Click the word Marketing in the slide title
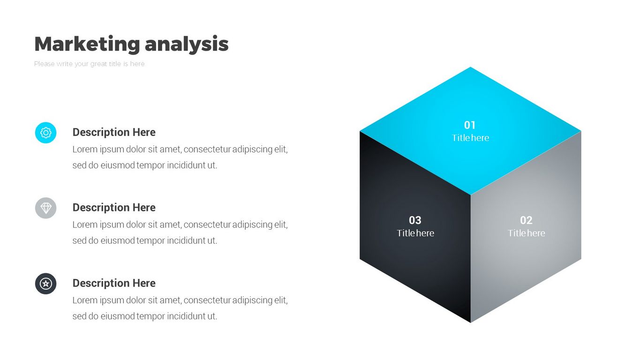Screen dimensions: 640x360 87,44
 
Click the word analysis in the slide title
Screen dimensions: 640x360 187,44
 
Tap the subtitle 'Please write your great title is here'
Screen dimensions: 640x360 89,64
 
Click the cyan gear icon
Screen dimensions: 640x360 46,133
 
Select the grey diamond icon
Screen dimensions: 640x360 46,208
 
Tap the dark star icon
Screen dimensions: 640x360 46,284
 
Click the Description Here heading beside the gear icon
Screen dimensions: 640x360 114,132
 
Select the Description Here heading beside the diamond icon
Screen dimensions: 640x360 114,208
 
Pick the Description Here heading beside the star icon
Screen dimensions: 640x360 114,283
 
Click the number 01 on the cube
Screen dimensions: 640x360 470,125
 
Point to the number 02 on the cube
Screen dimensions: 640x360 526,220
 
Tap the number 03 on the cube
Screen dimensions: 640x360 415,220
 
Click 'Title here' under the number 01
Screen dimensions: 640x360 470,138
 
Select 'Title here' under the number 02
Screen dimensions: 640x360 526,233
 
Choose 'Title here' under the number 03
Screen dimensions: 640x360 415,233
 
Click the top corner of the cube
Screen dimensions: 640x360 470,67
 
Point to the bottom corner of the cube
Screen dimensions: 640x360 470,322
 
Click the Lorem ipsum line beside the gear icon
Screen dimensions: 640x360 180,150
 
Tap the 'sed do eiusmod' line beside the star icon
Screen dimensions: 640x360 145,316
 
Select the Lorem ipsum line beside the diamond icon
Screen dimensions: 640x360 180,225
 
